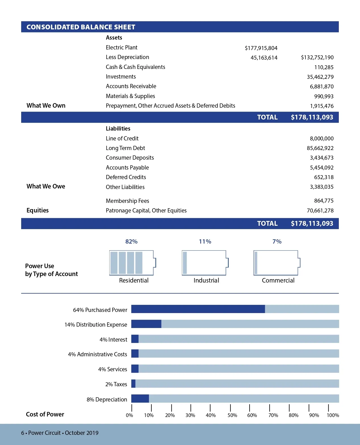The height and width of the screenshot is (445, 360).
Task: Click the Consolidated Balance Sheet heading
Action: pyautogui.click(x=81, y=27)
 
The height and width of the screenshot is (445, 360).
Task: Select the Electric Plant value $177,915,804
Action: pyautogui.click(x=261, y=48)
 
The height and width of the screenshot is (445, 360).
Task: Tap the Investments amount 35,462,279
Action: pyautogui.click(x=320, y=77)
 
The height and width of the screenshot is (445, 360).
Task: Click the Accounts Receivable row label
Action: pyautogui.click(x=131, y=86)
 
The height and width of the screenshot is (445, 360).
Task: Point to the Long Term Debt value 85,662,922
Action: pyautogui.click(x=320, y=148)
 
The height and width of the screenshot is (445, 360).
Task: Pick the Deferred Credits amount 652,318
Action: pyautogui.click(x=324, y=177)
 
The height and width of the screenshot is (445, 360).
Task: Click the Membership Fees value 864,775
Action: pyautogui.click(x=324, y=201)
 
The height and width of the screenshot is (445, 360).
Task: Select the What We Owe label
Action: pyautogui.click(x=46, y=186)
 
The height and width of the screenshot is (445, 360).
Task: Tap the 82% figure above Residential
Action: pyautogui.click(x=131, y=242)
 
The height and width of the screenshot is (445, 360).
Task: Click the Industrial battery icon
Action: pyautogui.click(x=205, y=263)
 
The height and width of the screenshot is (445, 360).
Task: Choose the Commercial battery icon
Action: pyautogui.click(x=277, y=263)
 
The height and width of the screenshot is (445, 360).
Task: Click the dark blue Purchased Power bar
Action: pyautogui.click(x=198, y=309)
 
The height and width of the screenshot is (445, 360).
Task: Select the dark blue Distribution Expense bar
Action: pyautogui.click(x=146, y=324)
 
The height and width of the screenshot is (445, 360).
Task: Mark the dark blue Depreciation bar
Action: pyautogui.click(x=140, y=399)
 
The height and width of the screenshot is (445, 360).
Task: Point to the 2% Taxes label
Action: pyautogui.click(x=116, y=384)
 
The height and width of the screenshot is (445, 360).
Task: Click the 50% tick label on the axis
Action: pyautogui.click(x=232, y=415)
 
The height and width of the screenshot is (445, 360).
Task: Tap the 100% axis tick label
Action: pyautogui.click(x=333, y=415)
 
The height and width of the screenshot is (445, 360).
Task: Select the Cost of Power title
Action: pyautogui.click(x=45, y=414)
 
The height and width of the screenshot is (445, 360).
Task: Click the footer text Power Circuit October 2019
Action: pyautogui.click(x=60, y=433)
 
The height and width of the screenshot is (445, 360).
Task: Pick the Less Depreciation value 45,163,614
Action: pyautogui.click(x=264, y=58)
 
